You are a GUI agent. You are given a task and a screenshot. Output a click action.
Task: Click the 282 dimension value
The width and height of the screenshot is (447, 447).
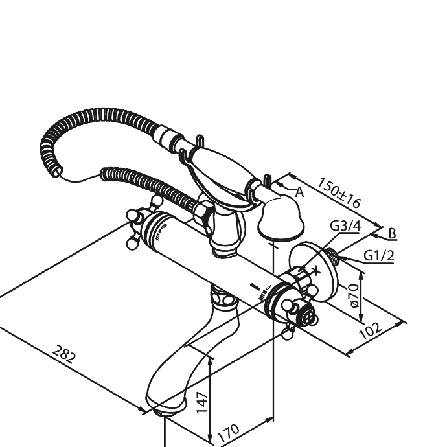[64, 354]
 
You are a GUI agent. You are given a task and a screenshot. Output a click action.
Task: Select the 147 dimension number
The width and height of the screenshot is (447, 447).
[202, 402]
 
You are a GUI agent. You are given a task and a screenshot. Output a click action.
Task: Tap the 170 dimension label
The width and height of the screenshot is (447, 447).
[228, 433]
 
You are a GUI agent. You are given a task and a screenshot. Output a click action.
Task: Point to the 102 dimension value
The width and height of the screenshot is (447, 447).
[370, 331]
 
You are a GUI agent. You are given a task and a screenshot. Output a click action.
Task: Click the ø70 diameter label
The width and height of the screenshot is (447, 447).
[354, 296]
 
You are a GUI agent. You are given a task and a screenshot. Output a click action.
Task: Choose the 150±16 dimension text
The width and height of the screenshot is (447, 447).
[339, 192]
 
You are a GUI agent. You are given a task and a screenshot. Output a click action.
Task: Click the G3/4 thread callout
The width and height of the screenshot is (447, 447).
[345, 226]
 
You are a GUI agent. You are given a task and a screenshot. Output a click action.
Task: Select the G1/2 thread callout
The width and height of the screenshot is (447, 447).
[379, 255]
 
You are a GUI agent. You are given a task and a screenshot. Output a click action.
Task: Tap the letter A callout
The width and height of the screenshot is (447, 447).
[299, 192]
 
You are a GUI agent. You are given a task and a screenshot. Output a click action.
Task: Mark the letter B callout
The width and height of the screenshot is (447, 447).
[393, 233]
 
